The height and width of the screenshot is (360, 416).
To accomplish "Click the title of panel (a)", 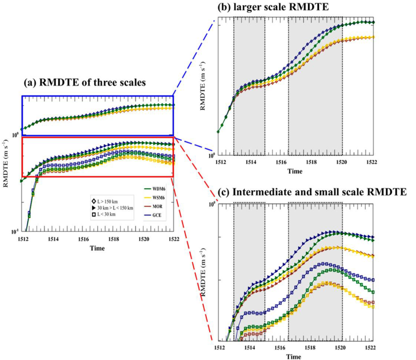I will pos(85,82).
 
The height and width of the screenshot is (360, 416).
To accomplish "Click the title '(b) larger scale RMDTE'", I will pos(273,7).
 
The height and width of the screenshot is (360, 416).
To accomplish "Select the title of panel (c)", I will pos(312,192).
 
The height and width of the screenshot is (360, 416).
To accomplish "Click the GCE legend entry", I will pos(157,215).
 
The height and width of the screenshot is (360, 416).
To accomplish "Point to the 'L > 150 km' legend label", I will pos(107,201).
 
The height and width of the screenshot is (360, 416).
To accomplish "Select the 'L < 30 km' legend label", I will pos(106,214).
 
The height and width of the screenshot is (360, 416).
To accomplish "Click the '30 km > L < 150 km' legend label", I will pos(115,208).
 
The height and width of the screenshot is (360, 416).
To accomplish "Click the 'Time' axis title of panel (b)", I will pos(295,171).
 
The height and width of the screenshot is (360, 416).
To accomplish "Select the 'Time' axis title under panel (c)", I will pos(293,356).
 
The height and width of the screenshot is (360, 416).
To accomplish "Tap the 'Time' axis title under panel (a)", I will pos(97,248).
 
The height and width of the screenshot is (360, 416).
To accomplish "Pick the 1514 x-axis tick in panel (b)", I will pos(251,162).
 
